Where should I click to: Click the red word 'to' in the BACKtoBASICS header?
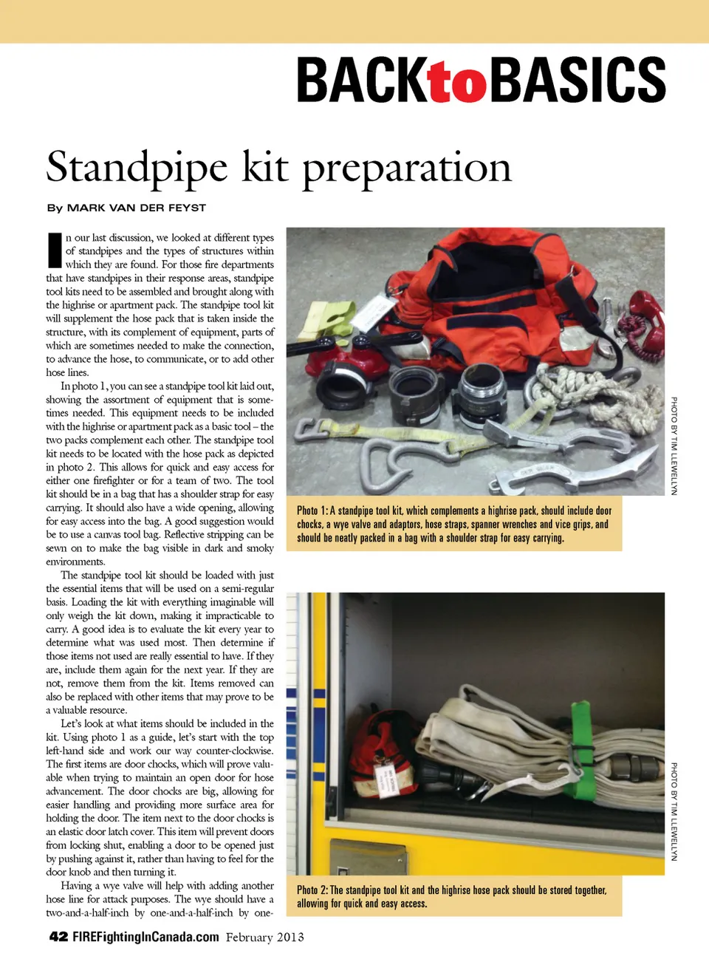click(x=457, y=83)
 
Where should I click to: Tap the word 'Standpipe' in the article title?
click(x=137, y=168)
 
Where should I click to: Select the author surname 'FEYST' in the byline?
click(x=187, y=208)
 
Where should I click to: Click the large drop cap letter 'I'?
click(x=54, y=250)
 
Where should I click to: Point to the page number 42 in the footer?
click(x=58, y=937)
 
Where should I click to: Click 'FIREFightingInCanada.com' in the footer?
click(x=145, y=937)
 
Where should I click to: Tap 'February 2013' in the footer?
click(x=264, y=937)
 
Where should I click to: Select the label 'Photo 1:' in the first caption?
click(x=312, y=511)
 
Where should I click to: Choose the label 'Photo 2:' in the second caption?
click(x=312, y=890)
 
